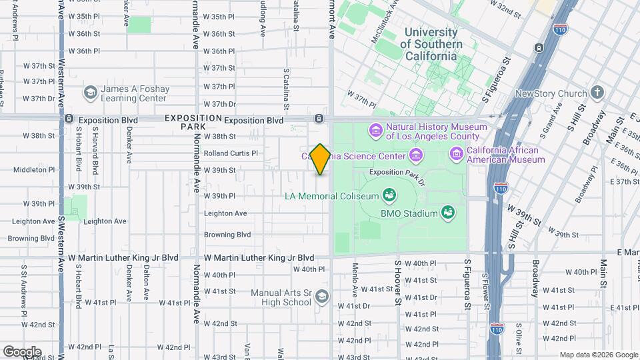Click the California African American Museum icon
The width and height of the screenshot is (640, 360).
click(457, 154)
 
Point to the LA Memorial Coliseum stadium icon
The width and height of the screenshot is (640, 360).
click(389, 195)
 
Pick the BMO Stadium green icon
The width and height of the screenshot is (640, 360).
click(449, 213)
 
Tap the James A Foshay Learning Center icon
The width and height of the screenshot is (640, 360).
click(90, 93)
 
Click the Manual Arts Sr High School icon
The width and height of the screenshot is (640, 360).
click(322, 297)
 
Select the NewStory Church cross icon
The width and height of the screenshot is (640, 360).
click(597, 93)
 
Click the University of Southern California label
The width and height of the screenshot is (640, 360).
click(431, 44)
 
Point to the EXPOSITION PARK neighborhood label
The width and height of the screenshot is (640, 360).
click(193, 122)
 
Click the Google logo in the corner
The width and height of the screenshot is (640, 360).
click(22, 351)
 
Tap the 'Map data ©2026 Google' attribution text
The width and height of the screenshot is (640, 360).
click(598, 355)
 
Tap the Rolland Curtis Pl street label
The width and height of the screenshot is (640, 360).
click(230, 153)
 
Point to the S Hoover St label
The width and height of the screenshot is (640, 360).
click(397, 283)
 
